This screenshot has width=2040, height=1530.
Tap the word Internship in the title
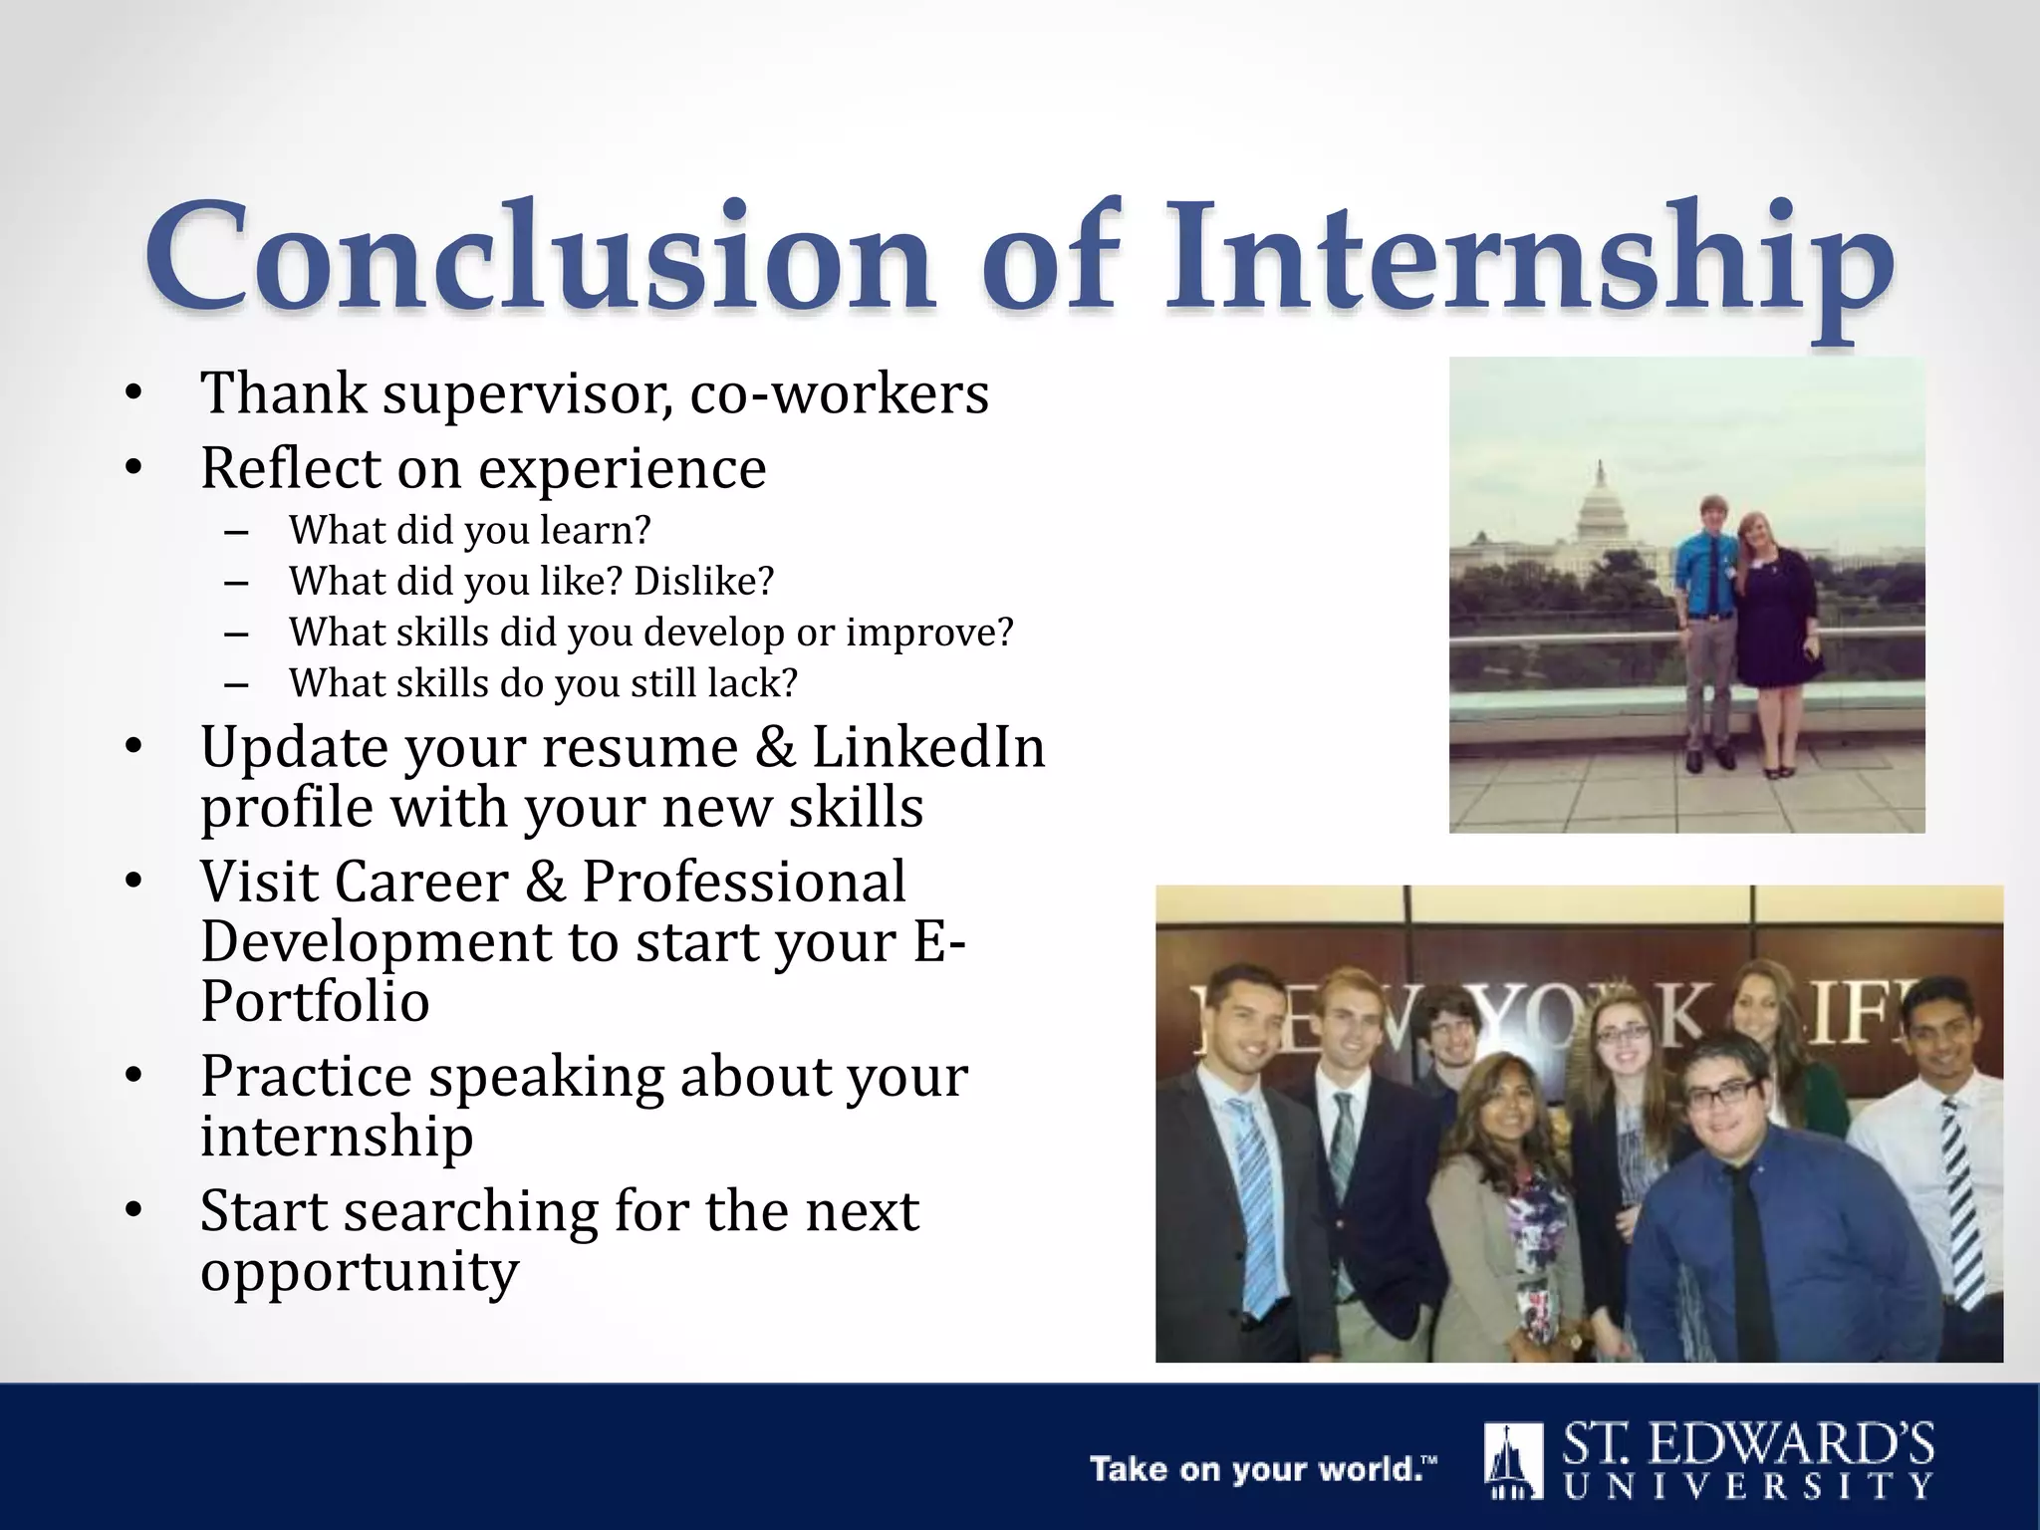[1529, 261]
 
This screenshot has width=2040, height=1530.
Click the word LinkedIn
[928, 747]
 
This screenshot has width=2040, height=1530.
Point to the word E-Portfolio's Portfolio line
[315, 1002]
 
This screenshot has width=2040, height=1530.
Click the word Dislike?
[703, 582]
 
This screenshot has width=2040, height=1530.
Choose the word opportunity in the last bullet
[360, 1271]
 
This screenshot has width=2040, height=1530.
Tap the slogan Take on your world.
[1263, 1469]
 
